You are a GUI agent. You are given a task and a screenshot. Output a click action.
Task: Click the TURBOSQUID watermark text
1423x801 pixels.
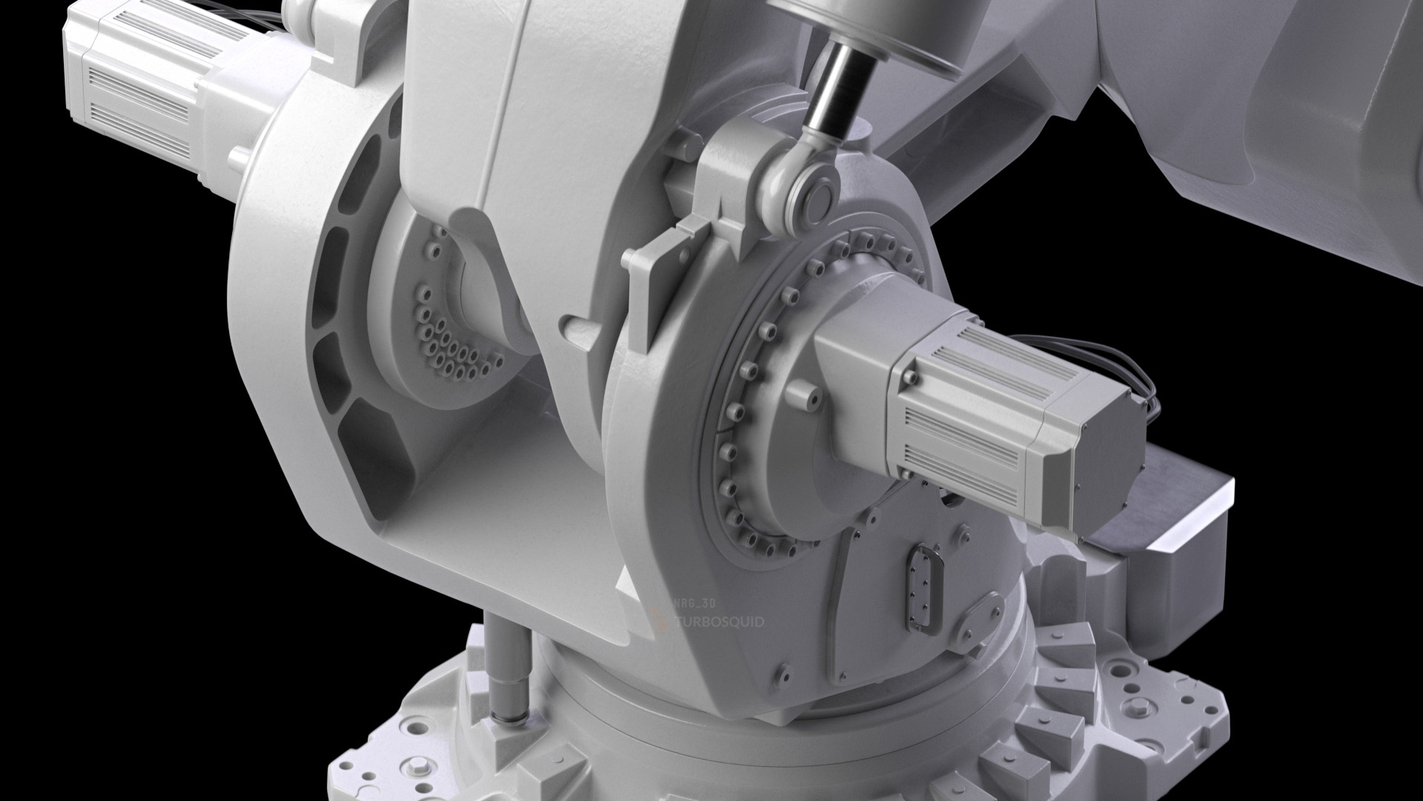pos(717,622)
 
